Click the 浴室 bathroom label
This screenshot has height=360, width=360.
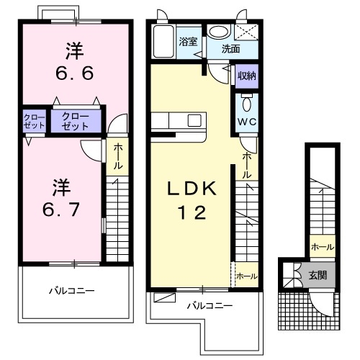(187, 41)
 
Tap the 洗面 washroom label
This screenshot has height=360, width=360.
(230, 50)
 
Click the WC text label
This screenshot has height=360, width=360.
(247, 121)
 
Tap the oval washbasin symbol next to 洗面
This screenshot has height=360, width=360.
(218, 31)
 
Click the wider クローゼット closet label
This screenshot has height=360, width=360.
(76, 120)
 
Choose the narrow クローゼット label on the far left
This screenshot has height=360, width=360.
(32, 120)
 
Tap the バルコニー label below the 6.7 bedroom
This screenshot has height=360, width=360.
(72, 291)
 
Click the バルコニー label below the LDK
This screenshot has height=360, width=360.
(210, 306)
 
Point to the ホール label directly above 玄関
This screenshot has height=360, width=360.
(321, 247)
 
